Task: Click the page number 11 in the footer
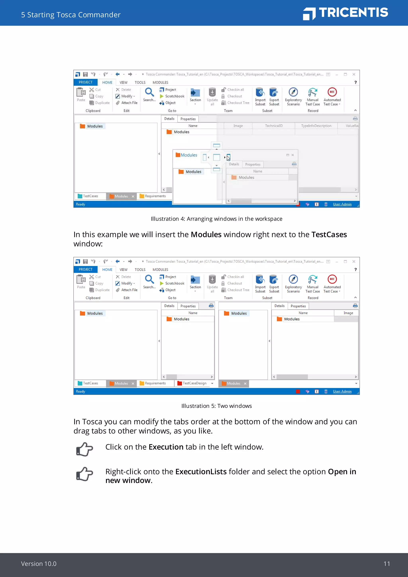click(x=387, y=563)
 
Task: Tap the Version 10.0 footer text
click(x=39, y=563)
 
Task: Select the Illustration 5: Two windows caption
click(x=216, y=406)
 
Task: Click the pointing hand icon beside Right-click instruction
click(x=84, y=474)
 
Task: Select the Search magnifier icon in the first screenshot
click(x=149, y=92)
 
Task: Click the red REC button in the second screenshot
click(x=332, y=279)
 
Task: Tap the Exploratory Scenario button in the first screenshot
click(x=293, y=96)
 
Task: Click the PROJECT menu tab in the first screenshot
click(x=85, y=82)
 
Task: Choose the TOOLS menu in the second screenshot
click(x=140, y=269)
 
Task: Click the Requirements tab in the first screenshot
click(x=155, y=196)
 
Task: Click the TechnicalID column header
click(x=274, y=126)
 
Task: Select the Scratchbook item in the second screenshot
click(x=175, y=283)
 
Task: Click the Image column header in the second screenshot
click(x=348, y=313)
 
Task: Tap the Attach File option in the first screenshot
click(x=129, y=103)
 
